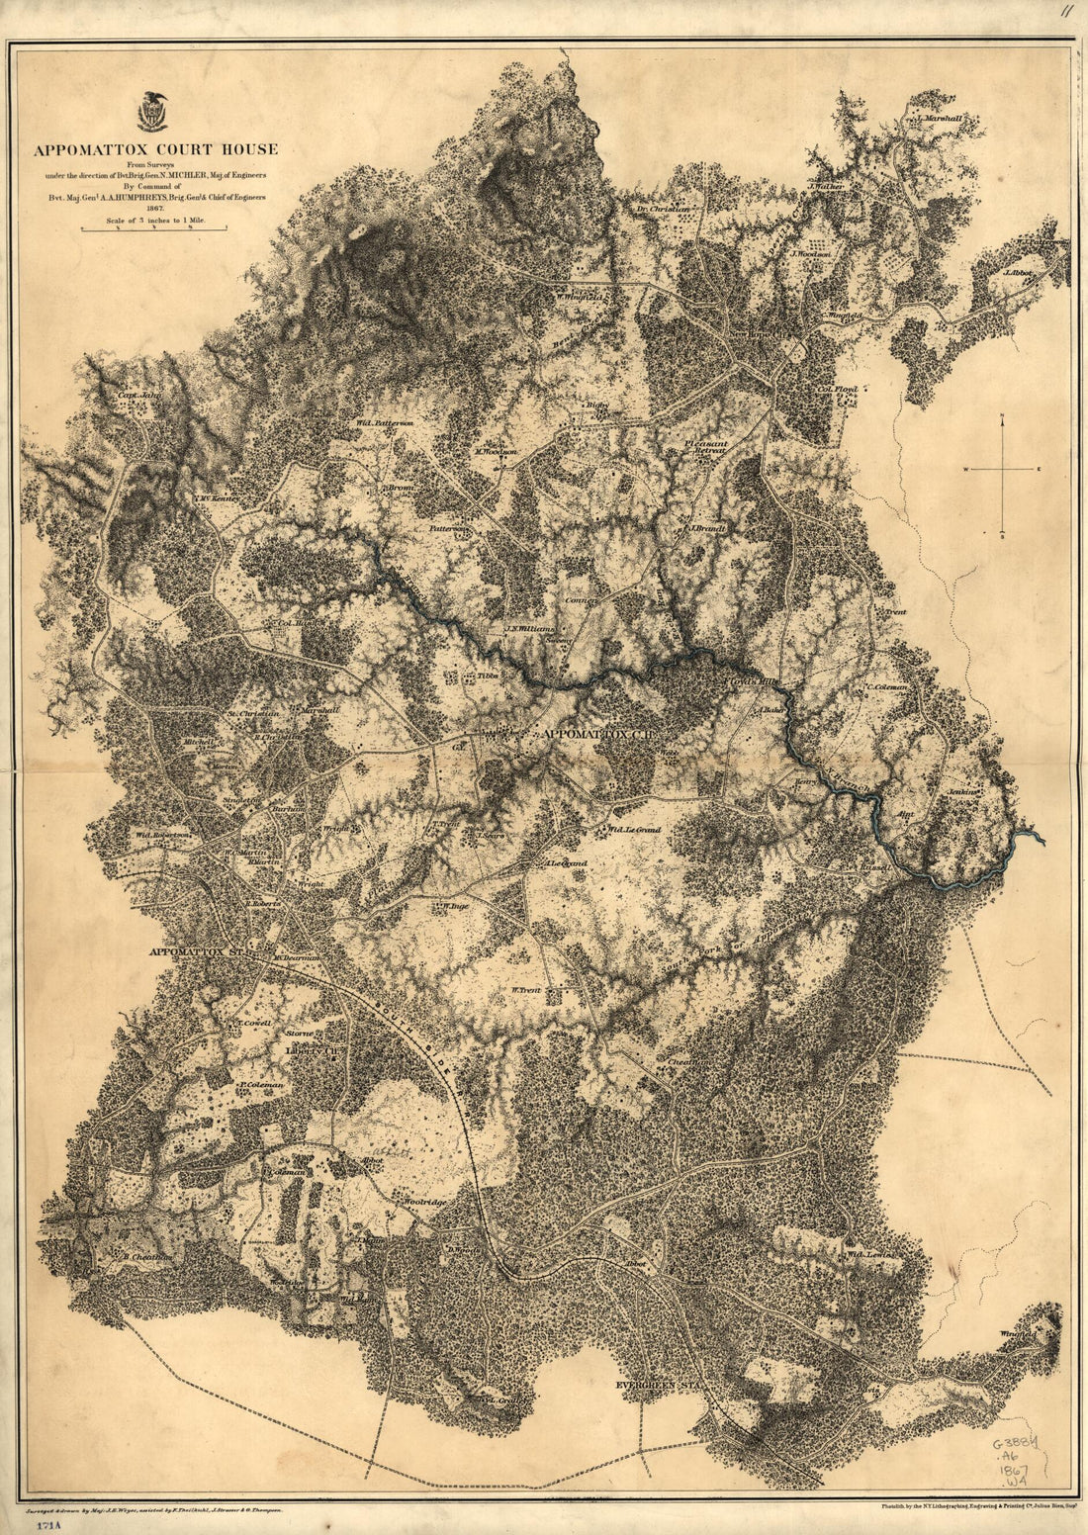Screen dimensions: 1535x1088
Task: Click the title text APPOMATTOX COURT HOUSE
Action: tap(155, 150)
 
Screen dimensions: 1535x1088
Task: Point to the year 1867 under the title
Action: tap(154, 209)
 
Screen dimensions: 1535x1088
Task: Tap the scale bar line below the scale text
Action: tap(154, 229)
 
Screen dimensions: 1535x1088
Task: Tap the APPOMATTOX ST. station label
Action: tap(197, 952)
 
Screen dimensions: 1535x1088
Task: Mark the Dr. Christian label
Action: tap(662, 210)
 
